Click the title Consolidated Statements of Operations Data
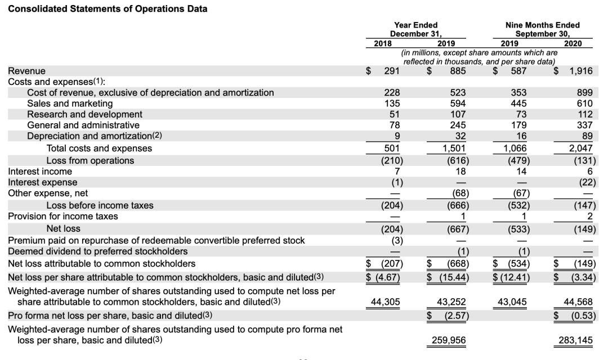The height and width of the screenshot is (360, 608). click(107, 9)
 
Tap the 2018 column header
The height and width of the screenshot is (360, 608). click(383, 44)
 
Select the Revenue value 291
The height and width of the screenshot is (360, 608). click(391, 71)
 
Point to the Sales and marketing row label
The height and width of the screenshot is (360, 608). click(70, 103)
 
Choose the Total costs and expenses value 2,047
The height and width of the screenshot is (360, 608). click(580, 148)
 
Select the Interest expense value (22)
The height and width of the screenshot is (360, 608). click(584, 182)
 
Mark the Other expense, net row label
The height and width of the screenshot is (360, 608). click(48, 193)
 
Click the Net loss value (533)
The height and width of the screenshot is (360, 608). click(516, 229)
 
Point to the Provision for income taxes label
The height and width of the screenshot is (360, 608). click(63, 217)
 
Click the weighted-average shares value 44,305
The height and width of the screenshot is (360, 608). click(386, 302)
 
